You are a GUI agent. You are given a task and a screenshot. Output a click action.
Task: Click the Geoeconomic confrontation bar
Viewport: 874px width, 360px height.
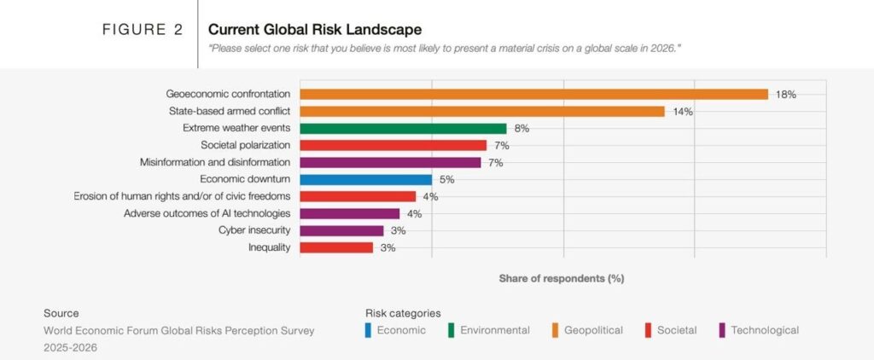click(x=534, y=94)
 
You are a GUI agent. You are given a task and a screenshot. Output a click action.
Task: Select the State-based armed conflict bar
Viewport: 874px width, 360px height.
click(x=482, y=111)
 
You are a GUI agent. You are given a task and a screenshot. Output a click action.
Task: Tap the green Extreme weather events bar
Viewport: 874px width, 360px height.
click(x=404, y=128)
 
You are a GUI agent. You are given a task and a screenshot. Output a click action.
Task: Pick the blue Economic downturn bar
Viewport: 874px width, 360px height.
click(x=366, y=179)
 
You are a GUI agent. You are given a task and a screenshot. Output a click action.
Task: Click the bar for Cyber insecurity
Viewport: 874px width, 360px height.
click(x=342, y=230)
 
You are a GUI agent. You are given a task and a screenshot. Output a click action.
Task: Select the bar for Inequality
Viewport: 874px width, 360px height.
click(x=337, y=247)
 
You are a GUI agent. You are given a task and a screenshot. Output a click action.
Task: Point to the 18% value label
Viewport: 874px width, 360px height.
click(x=785, y=95)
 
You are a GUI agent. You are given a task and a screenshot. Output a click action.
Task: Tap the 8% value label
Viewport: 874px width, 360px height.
click(x=521, y=129)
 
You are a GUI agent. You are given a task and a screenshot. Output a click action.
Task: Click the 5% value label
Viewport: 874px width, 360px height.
click(x=446, y=180)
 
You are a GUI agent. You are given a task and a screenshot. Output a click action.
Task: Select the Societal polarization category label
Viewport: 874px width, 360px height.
click(x=245, y=145)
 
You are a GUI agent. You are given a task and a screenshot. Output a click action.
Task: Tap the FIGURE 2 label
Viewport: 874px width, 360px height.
click(x=143, y=30)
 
